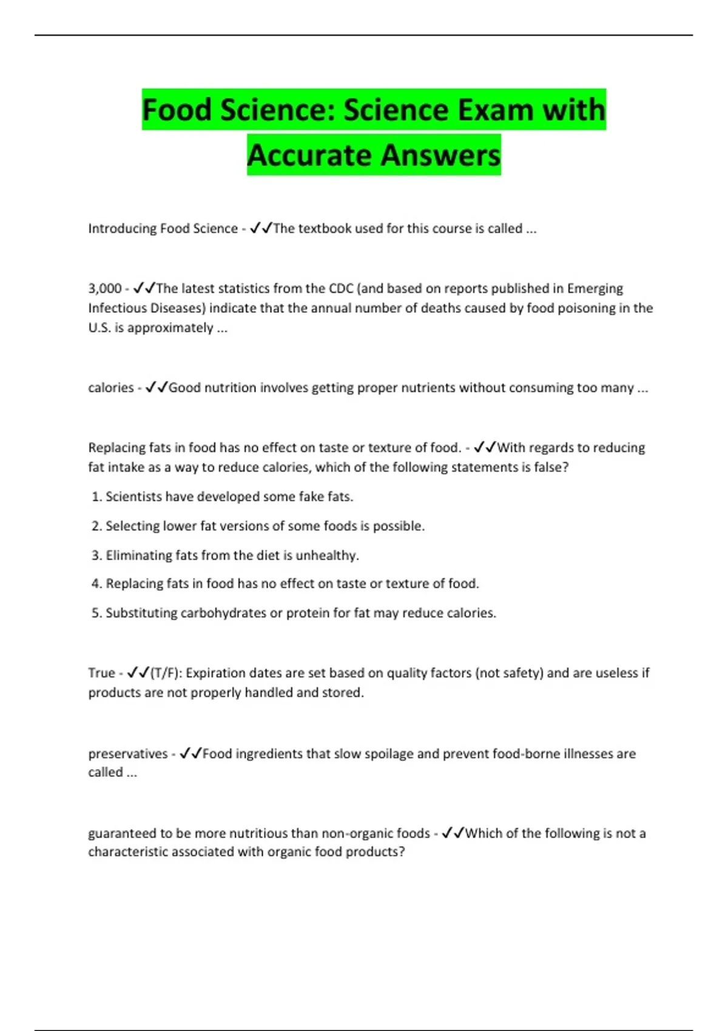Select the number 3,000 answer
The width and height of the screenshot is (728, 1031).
coord(105,289)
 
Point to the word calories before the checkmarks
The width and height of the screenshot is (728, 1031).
coord(111,388)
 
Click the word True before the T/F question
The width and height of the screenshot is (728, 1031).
coord(101,673)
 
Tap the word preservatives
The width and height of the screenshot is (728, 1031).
coord(128,754)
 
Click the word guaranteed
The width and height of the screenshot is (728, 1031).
coord(122,833)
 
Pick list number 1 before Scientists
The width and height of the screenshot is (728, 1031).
coord(96,497)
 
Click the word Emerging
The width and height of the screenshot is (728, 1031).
coord(595,289)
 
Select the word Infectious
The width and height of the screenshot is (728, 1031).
coord(116,308)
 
